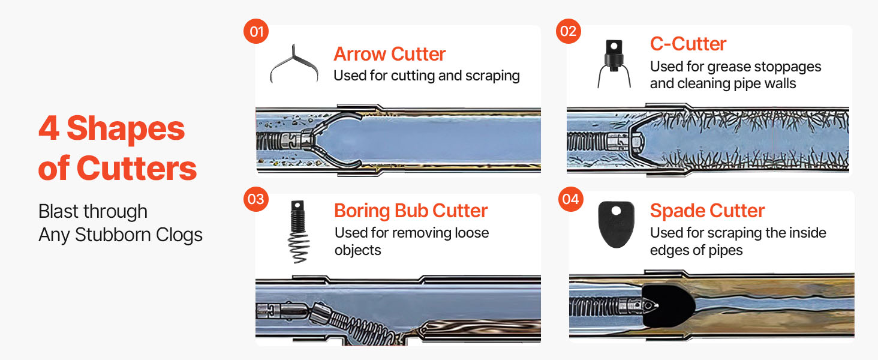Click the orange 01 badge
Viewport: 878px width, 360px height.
256,31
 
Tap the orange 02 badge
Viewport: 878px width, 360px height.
569,31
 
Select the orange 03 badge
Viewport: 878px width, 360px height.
256,199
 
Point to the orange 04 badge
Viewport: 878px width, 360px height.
571,199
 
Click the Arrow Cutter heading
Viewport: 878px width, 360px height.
390,54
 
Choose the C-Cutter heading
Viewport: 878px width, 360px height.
688,44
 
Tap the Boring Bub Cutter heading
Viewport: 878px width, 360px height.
411,211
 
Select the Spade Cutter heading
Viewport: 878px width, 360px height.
707,211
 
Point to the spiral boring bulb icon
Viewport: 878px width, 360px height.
298,232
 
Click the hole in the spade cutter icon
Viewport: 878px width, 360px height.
616,211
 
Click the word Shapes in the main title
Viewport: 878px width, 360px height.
126,129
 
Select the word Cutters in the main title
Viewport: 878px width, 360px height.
137,168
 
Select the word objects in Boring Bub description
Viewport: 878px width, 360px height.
358,250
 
